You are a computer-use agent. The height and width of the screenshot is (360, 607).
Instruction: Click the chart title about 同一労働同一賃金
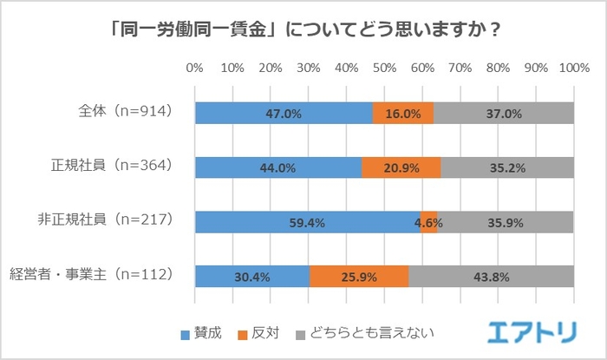click(x=303, y=29)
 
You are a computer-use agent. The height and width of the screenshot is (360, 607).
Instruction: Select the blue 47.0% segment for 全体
click(x=284, y=114)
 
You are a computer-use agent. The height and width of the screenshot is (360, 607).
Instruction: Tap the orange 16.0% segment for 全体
click(x=403, y=114)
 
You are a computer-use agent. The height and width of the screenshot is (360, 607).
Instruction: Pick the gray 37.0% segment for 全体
click(x=504, y=114)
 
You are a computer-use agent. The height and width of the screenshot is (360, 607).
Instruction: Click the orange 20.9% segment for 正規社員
click(x=401, y=167)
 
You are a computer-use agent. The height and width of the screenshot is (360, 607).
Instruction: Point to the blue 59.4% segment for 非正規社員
click(x=308, y=222)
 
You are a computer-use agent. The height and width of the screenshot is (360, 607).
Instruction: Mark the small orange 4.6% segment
click(x=429, y=222)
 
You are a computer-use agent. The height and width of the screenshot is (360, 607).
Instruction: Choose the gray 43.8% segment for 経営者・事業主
click(x=491, y=276)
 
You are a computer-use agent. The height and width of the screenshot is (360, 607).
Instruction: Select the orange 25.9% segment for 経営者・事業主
click(x=359, y=276)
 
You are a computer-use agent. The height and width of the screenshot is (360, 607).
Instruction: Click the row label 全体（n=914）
click(x=125, y=113)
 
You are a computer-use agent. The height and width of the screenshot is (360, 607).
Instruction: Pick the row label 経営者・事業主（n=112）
click(x=95, y=276)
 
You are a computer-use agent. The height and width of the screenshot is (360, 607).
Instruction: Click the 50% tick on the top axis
click(x=384, y=67)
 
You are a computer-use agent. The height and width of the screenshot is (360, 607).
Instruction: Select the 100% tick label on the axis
click(x=573, y=67)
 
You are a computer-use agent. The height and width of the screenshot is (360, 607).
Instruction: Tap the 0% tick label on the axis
click(x=195, y=67)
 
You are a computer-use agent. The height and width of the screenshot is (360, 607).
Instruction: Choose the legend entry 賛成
click(x=202, y=332)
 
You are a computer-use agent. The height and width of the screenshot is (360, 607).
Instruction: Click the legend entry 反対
click(x=262, y=332)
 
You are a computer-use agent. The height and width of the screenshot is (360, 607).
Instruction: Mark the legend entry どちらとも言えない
click(x=365, y=332)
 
